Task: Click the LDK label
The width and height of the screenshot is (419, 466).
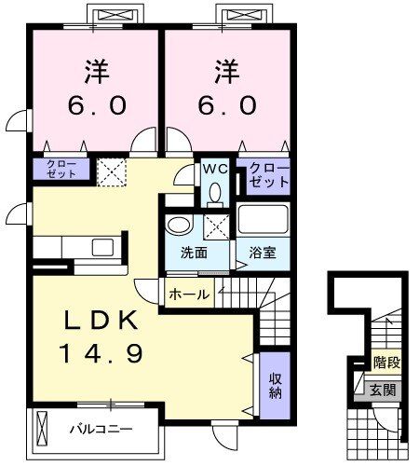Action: (102, 320)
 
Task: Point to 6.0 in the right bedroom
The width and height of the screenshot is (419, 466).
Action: (224, 104)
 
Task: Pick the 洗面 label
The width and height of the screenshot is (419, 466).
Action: (193, 252)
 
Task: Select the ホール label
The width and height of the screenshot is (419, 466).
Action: (189, 293)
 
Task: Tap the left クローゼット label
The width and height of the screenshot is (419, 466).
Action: (62, 169)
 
